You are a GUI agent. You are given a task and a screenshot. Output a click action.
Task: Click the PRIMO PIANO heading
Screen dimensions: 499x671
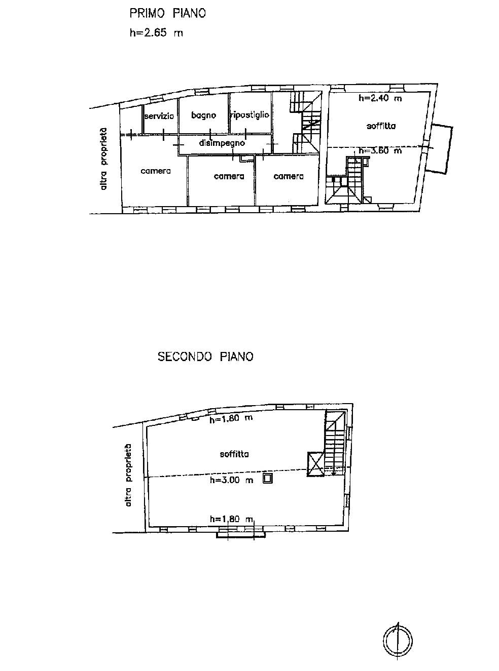coord(167,14)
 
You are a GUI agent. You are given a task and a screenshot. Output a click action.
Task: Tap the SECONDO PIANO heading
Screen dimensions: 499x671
coord(205,357)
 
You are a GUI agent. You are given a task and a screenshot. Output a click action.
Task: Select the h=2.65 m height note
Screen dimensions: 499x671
coord(156,32)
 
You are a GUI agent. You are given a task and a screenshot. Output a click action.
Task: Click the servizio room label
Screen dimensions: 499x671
coord(159,116)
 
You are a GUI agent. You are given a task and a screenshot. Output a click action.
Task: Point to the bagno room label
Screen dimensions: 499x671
coord(203,115)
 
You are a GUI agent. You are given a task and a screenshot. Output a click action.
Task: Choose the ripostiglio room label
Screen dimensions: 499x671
coord(250,115)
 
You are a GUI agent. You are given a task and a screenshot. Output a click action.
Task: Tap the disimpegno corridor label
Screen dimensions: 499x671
coord(222,143)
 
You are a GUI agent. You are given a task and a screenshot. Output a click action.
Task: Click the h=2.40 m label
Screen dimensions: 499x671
coord(380,98)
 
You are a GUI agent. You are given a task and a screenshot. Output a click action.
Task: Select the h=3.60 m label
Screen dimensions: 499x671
coord(380,150)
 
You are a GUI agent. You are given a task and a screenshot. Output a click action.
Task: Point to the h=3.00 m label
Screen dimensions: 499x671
coord(231,480)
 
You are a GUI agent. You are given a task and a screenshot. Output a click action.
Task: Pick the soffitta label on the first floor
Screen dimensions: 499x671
coord(381,126)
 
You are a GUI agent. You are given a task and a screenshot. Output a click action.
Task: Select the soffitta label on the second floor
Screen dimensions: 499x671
coord(234,454)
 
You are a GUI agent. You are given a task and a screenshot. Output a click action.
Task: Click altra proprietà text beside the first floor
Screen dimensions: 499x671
coord(103,159)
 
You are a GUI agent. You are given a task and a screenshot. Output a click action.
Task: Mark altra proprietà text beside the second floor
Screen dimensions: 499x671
coord(128,475)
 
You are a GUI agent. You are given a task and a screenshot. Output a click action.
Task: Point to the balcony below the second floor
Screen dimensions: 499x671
coord(241,535)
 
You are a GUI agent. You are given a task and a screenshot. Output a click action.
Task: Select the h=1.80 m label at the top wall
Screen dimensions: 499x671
coord(231,419)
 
